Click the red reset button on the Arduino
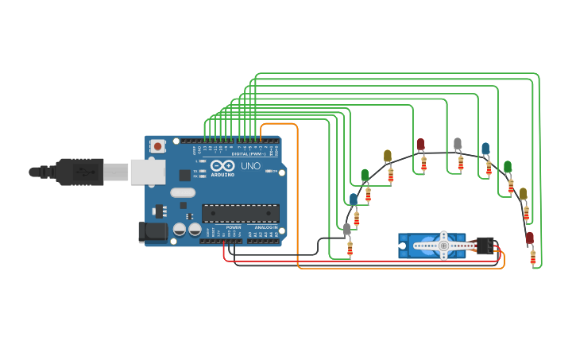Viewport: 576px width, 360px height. pos(158,146)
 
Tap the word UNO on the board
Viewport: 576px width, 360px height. pos(250,166)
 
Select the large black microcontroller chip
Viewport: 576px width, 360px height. pos(240,213)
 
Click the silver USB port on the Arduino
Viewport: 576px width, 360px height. pos(144,172)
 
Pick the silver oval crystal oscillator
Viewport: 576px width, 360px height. pos(182,192)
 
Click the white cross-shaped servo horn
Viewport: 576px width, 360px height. pos(443,246)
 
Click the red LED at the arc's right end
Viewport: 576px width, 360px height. pos(530,238)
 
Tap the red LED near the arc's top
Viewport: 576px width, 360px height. pos(420,145)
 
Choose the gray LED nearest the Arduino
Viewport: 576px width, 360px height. pos(346,230)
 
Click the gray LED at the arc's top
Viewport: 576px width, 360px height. pos(458,144)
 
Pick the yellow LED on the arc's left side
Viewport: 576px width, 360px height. pos(388,156)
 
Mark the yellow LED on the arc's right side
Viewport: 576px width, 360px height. pos(523,194)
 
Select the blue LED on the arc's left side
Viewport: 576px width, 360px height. pos(354,199)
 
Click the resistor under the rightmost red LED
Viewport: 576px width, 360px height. pos(532,256)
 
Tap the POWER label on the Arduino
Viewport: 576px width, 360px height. pos(234,227)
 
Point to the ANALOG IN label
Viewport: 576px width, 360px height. pos(265,227)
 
